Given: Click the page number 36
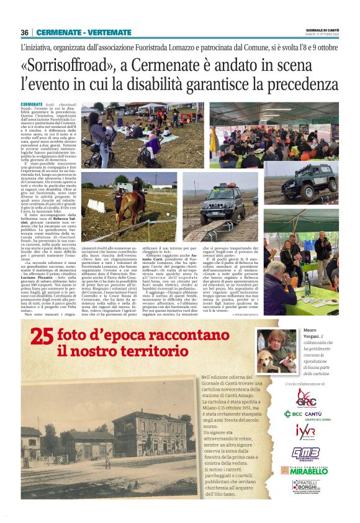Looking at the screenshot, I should pos(25,32).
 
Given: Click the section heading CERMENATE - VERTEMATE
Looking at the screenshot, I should pos(84,32).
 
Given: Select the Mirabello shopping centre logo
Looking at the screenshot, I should pos(305,470).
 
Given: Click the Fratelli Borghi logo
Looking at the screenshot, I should pos(305,488).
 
